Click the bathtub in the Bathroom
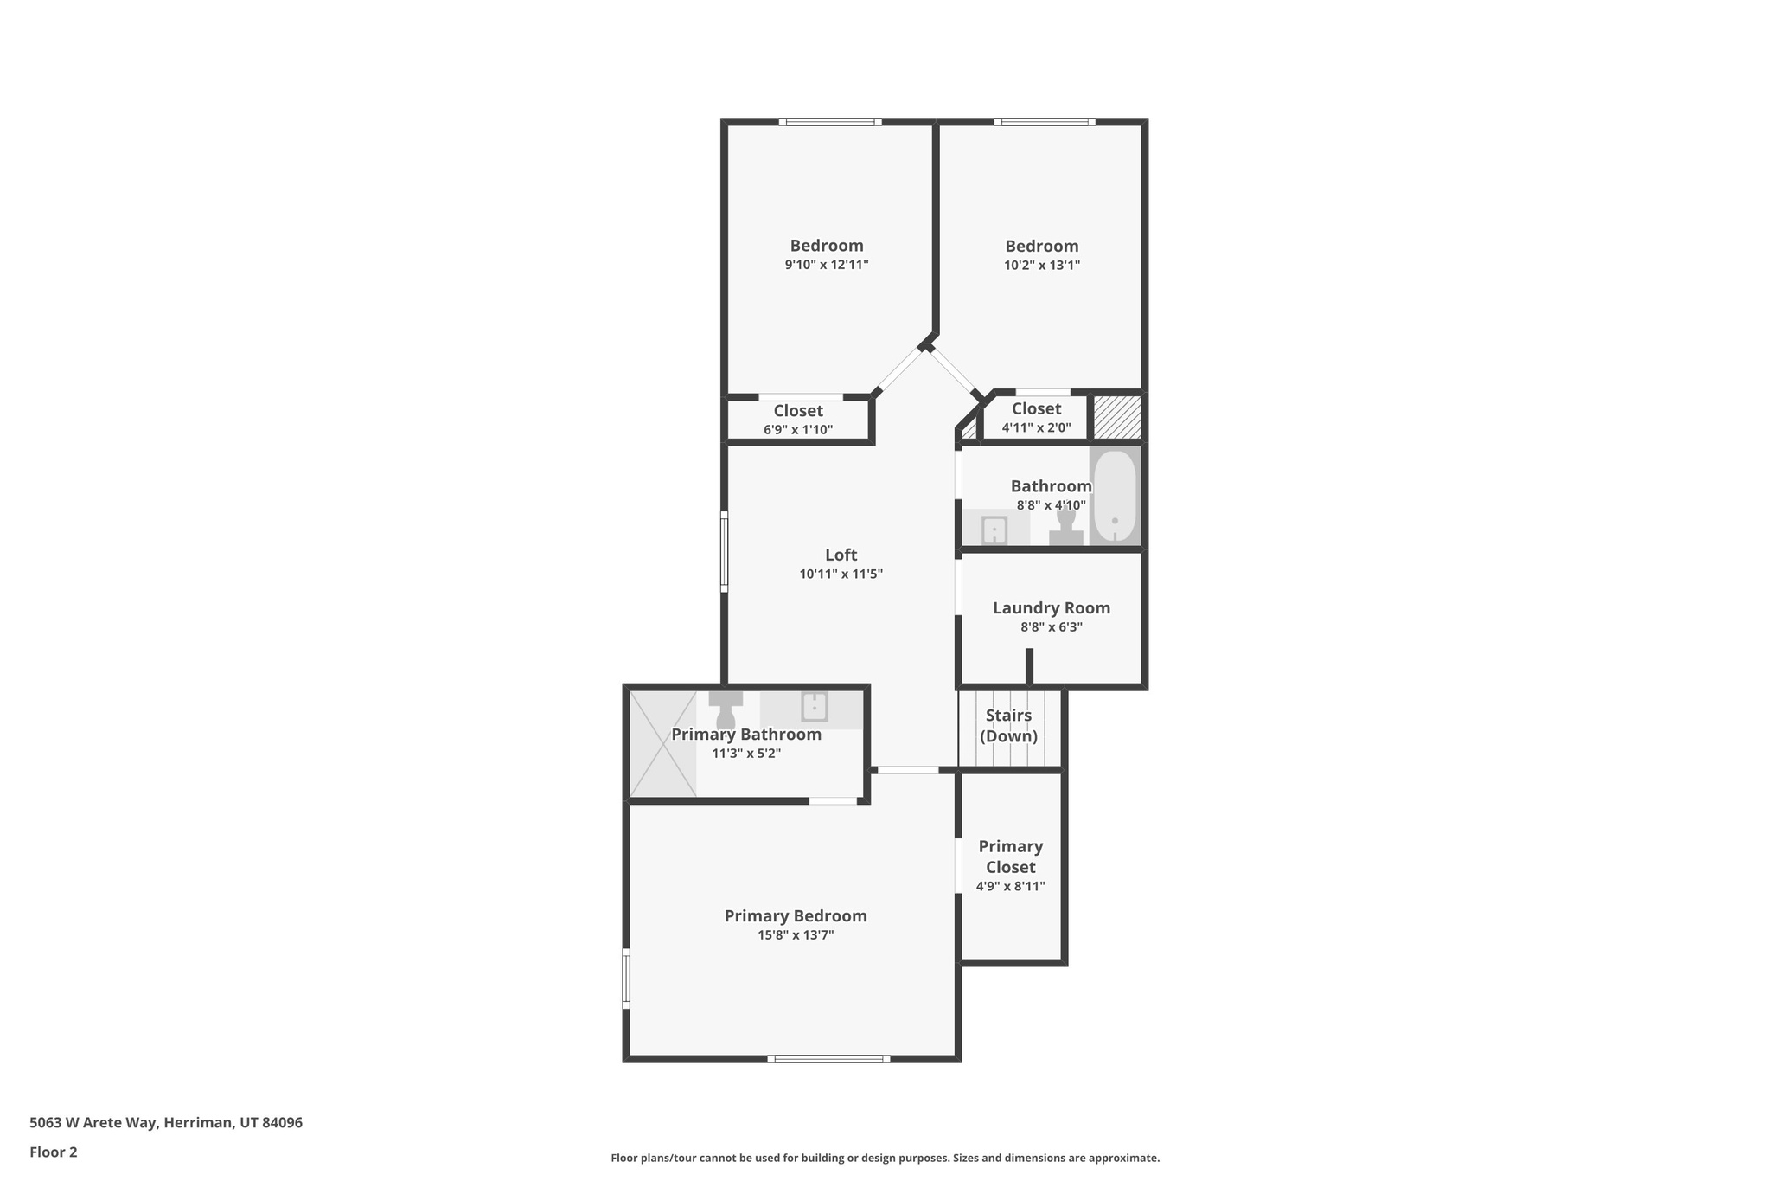coord(1115,497)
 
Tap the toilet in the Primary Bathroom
coord(726,710)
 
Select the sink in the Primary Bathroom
coord(814,707)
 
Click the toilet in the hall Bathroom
coord(1065,528)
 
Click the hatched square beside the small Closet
coord(1117,417)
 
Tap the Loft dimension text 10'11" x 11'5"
coord(841,574)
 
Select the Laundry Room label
coord(1051,608)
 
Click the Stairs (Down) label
coord(1008,726)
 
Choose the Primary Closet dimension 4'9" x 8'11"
coord(1010,886)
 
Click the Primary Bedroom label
coord(795,916)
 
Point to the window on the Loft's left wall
coord(724,551)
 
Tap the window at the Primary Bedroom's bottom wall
coord(828,1059)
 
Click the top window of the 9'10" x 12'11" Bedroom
coord(830,122)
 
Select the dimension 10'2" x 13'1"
coord(1041,266)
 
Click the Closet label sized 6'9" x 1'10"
coord(797,411)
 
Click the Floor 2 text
coord(54,1152)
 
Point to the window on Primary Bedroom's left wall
coord(626,979)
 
